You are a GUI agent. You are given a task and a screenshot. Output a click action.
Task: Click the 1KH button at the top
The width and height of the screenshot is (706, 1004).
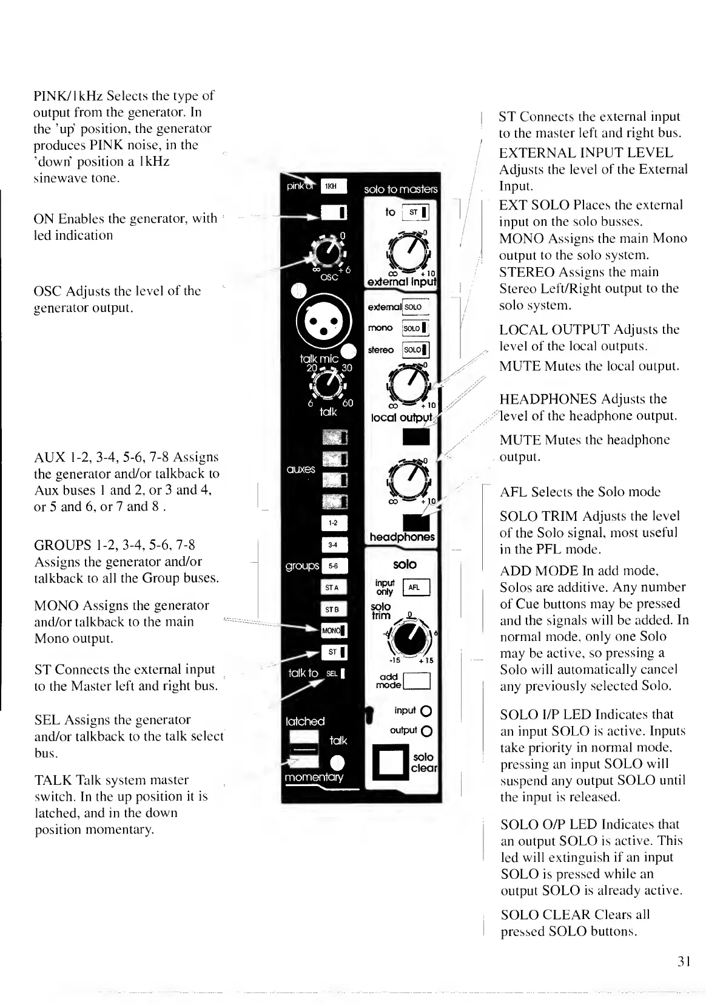(x=333, y=186)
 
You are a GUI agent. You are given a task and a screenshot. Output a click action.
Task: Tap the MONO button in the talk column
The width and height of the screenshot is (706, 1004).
(x=333, y=631)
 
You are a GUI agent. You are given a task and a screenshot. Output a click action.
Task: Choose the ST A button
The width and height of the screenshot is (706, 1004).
(x=334, y=587)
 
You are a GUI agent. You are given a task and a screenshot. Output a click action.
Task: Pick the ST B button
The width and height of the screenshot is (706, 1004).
(x=334, y=609)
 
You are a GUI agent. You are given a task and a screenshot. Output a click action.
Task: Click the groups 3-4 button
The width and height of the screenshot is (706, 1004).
(x=334, y=544)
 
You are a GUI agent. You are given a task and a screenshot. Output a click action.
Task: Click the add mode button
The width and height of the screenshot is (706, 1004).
(x=416, y=681)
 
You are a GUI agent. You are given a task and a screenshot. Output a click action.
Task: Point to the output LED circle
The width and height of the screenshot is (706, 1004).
(x=425, y=731)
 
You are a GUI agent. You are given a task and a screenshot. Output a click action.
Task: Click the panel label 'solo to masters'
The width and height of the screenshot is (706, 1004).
(x=400, y=189)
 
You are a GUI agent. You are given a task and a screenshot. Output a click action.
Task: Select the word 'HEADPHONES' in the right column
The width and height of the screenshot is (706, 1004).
(x=548, y=399)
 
